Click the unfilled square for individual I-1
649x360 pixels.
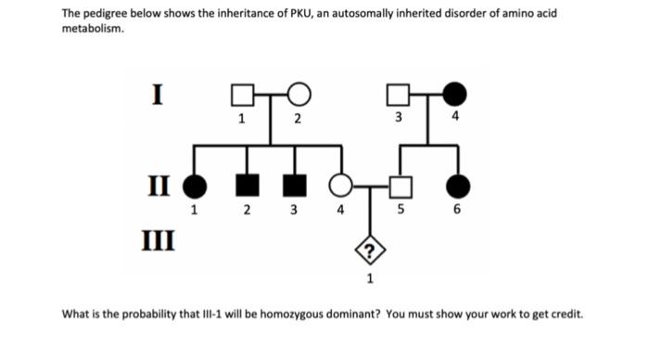pyautogui.click(x=241, y=96)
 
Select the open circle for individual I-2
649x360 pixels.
pyautogui.click(x=299, y=95)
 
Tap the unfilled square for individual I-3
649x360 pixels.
pyautogui.click(x=398, y=96)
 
